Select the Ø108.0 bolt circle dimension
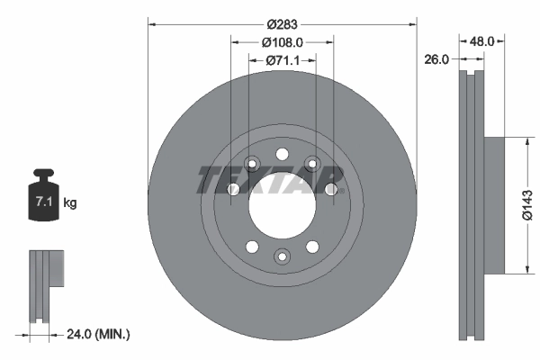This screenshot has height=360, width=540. click(282, 41)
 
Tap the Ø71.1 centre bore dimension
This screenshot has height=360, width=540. click(282, 59)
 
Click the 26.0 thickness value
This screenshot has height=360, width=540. click(436, 59)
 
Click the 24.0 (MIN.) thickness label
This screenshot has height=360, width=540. click(98, 334)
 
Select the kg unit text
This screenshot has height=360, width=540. click(70, 203)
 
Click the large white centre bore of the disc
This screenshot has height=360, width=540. click(282, 205)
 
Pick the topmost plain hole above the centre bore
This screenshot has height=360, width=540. click(282, 153)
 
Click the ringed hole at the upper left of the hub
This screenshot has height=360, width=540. click(252, 163)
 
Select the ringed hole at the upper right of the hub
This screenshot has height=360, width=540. click(312, 163)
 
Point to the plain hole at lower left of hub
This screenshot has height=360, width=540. click(252, 247)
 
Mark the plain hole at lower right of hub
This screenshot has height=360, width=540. click(312, 247)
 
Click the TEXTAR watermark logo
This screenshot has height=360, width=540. click(269, 180)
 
